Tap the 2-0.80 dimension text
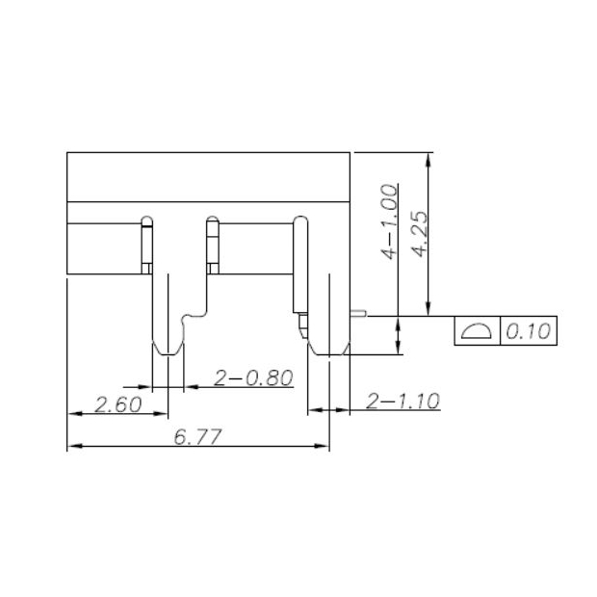click(253, 378)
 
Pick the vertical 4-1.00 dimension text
click(389, 221)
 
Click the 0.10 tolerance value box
click(527, 332)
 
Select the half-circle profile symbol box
click(476, 332)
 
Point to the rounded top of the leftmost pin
click(147, 220)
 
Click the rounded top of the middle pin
click(212, 221)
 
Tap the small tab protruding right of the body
click(357, 312)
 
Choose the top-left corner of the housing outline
click(66, 153)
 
